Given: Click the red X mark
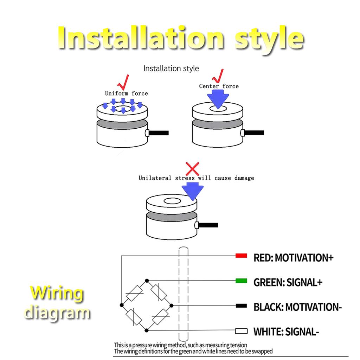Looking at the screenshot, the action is coord(192,169).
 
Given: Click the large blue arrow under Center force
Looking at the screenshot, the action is coord(218,99).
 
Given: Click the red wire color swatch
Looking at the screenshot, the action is coord(241,256).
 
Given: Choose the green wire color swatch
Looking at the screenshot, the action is coord(241,281).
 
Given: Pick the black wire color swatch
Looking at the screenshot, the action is coord(241,306).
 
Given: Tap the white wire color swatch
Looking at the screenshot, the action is coord(241,331).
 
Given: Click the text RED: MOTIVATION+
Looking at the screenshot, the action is coord(294,258).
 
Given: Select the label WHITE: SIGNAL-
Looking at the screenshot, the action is coord(286,332).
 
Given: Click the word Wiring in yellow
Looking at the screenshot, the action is coord(57,293).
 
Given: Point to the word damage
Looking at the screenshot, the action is coord(244,178).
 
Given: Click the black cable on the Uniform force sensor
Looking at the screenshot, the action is coord(159,133).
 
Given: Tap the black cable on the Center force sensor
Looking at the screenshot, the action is coord(254,133).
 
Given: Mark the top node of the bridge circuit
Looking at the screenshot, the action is coord(147,281).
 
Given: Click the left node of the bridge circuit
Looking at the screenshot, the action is coord(122,305).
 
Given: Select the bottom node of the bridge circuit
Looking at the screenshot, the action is coord(147,330).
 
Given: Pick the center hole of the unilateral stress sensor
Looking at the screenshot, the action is coord(172,201).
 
